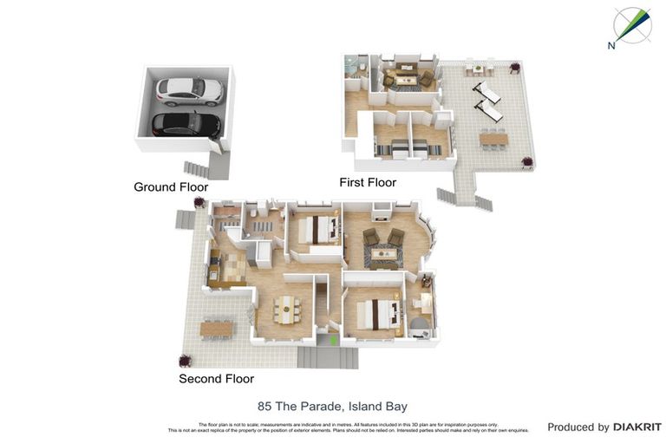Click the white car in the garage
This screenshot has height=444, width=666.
click(189, 89)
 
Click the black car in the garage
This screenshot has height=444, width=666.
click(186, 125)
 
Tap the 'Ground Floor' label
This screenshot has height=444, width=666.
click(171, 186)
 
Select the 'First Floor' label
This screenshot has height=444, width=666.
click(367, 182)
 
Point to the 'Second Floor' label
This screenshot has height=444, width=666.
click(216, 379)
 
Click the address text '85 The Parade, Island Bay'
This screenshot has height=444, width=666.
click(332, 406)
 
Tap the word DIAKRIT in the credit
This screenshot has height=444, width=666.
click(637, 427)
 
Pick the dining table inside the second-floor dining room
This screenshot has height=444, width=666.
click(287, 307)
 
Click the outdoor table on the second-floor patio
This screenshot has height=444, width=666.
click(217, 329)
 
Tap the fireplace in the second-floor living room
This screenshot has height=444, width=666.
click(379, 209)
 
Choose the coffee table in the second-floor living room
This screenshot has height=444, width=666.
click(382, 255)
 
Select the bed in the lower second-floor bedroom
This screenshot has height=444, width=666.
click(374, 313)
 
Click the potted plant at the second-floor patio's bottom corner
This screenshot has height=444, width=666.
click(185, 360)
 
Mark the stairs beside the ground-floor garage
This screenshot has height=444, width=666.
click(199, 167)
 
